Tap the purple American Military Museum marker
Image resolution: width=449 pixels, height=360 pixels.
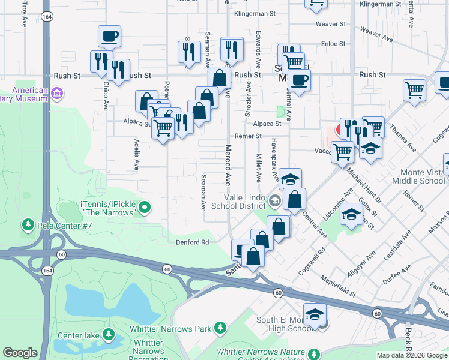(x=58, y=93)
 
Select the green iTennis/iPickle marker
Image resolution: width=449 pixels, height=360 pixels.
(x=144, y=208)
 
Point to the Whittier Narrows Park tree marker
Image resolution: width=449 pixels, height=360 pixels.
(x=220, y=328)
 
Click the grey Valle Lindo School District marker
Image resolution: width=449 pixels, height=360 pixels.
(x=275, y=201)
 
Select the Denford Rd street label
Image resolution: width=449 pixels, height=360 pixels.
(x=192, y=242)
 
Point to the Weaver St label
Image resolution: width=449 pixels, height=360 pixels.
(x=334, y=25)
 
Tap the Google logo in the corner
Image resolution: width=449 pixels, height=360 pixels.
(x=20, y=353)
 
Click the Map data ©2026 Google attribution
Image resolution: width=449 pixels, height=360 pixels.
(x=411, y=355)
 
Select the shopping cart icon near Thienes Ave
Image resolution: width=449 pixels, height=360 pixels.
(x=414, y=91)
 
